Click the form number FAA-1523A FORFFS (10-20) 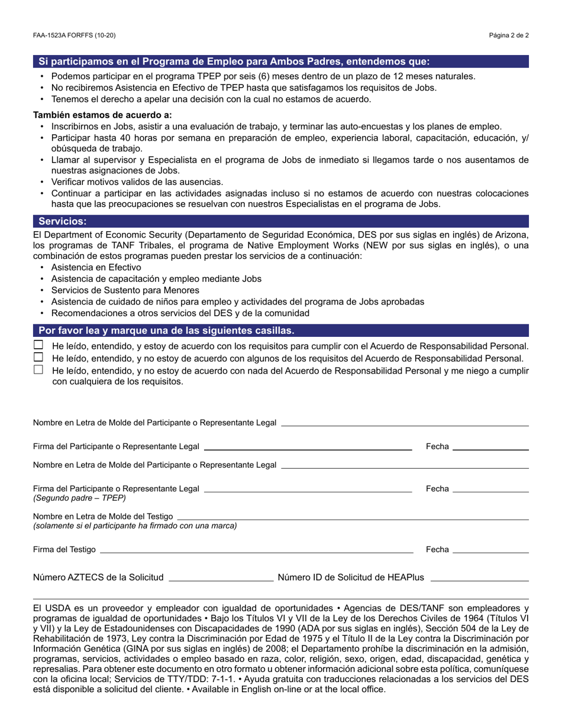point(75,35)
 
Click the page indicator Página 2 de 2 point(509,35)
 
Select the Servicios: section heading point(63,221)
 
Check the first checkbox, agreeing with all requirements point(38,345)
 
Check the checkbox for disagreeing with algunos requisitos point(38,358)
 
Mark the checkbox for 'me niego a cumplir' point(38,370)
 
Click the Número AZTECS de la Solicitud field point(221,577)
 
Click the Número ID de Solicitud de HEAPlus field point(479,577)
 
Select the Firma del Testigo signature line point(256,550)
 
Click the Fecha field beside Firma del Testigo point(490,550)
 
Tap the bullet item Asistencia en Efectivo point(96,267)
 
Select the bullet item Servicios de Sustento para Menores point(125,290)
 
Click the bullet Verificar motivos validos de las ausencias point(137,182)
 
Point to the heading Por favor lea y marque point(166,330)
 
